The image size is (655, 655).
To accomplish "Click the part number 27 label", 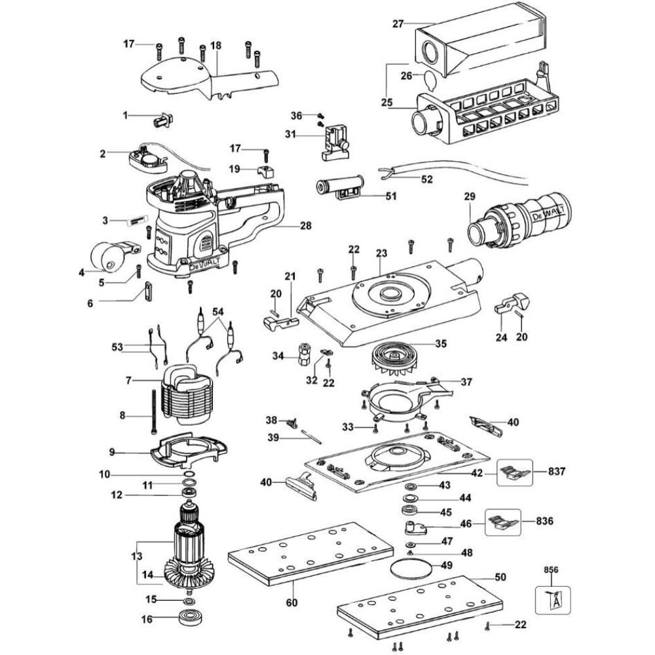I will (397, 24).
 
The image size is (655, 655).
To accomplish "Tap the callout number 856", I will (552, 571).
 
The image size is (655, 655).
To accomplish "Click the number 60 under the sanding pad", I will (291, 603).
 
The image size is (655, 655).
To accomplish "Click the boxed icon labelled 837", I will (512, 470).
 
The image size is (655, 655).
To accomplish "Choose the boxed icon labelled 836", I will (502, 521).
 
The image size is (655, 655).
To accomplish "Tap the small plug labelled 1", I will (162, 119).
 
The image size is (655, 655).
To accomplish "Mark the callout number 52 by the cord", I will (427, 179).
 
